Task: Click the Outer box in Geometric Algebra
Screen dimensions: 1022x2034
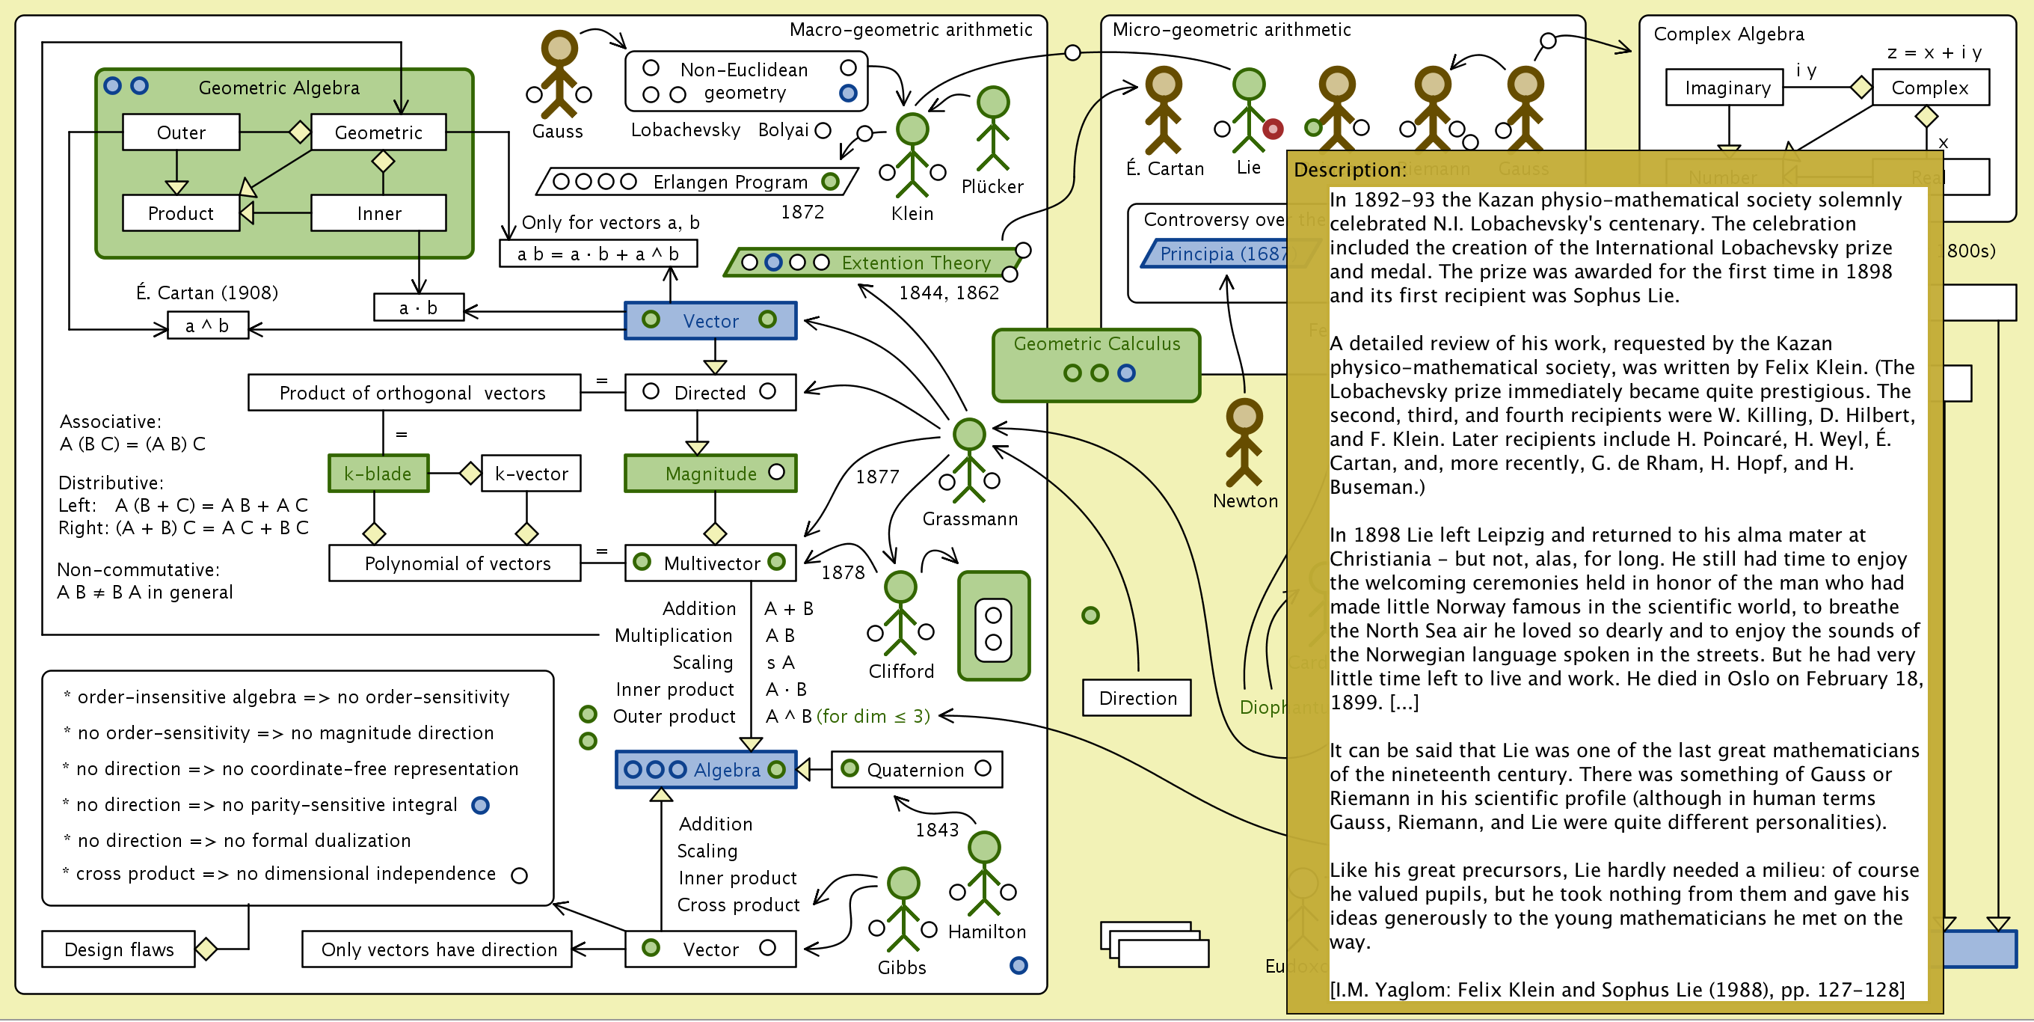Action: click(x=181, y=132)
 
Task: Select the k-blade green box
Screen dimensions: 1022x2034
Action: click(x=378, y=474)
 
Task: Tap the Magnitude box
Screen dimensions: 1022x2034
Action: click(x=710, y=474)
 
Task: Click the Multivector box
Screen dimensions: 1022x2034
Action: click(x=710, y=563)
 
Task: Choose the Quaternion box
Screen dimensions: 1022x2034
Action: click(x=916, y=770)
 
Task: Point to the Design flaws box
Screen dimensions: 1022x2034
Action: click(x=118, y=949)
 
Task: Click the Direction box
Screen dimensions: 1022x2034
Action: click(x=1137, y=698)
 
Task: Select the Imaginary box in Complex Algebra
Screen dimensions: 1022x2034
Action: click(x=1727, y=88)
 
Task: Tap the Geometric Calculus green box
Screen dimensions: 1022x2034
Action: click(x=1096, y=365)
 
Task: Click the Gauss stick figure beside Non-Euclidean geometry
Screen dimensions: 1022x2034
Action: click(x=559, y=75)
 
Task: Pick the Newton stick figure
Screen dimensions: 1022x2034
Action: click(x=1244, y=442)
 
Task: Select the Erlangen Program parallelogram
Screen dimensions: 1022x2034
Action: click(x=696, y=182)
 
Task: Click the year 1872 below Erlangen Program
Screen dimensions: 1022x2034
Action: click(x=802, y=212)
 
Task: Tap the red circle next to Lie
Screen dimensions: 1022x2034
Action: click(x=1273, y=129)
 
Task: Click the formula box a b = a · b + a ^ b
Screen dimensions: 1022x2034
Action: click(x=597, y=254)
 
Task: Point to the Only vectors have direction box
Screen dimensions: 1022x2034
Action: click(x=437, y=949)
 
